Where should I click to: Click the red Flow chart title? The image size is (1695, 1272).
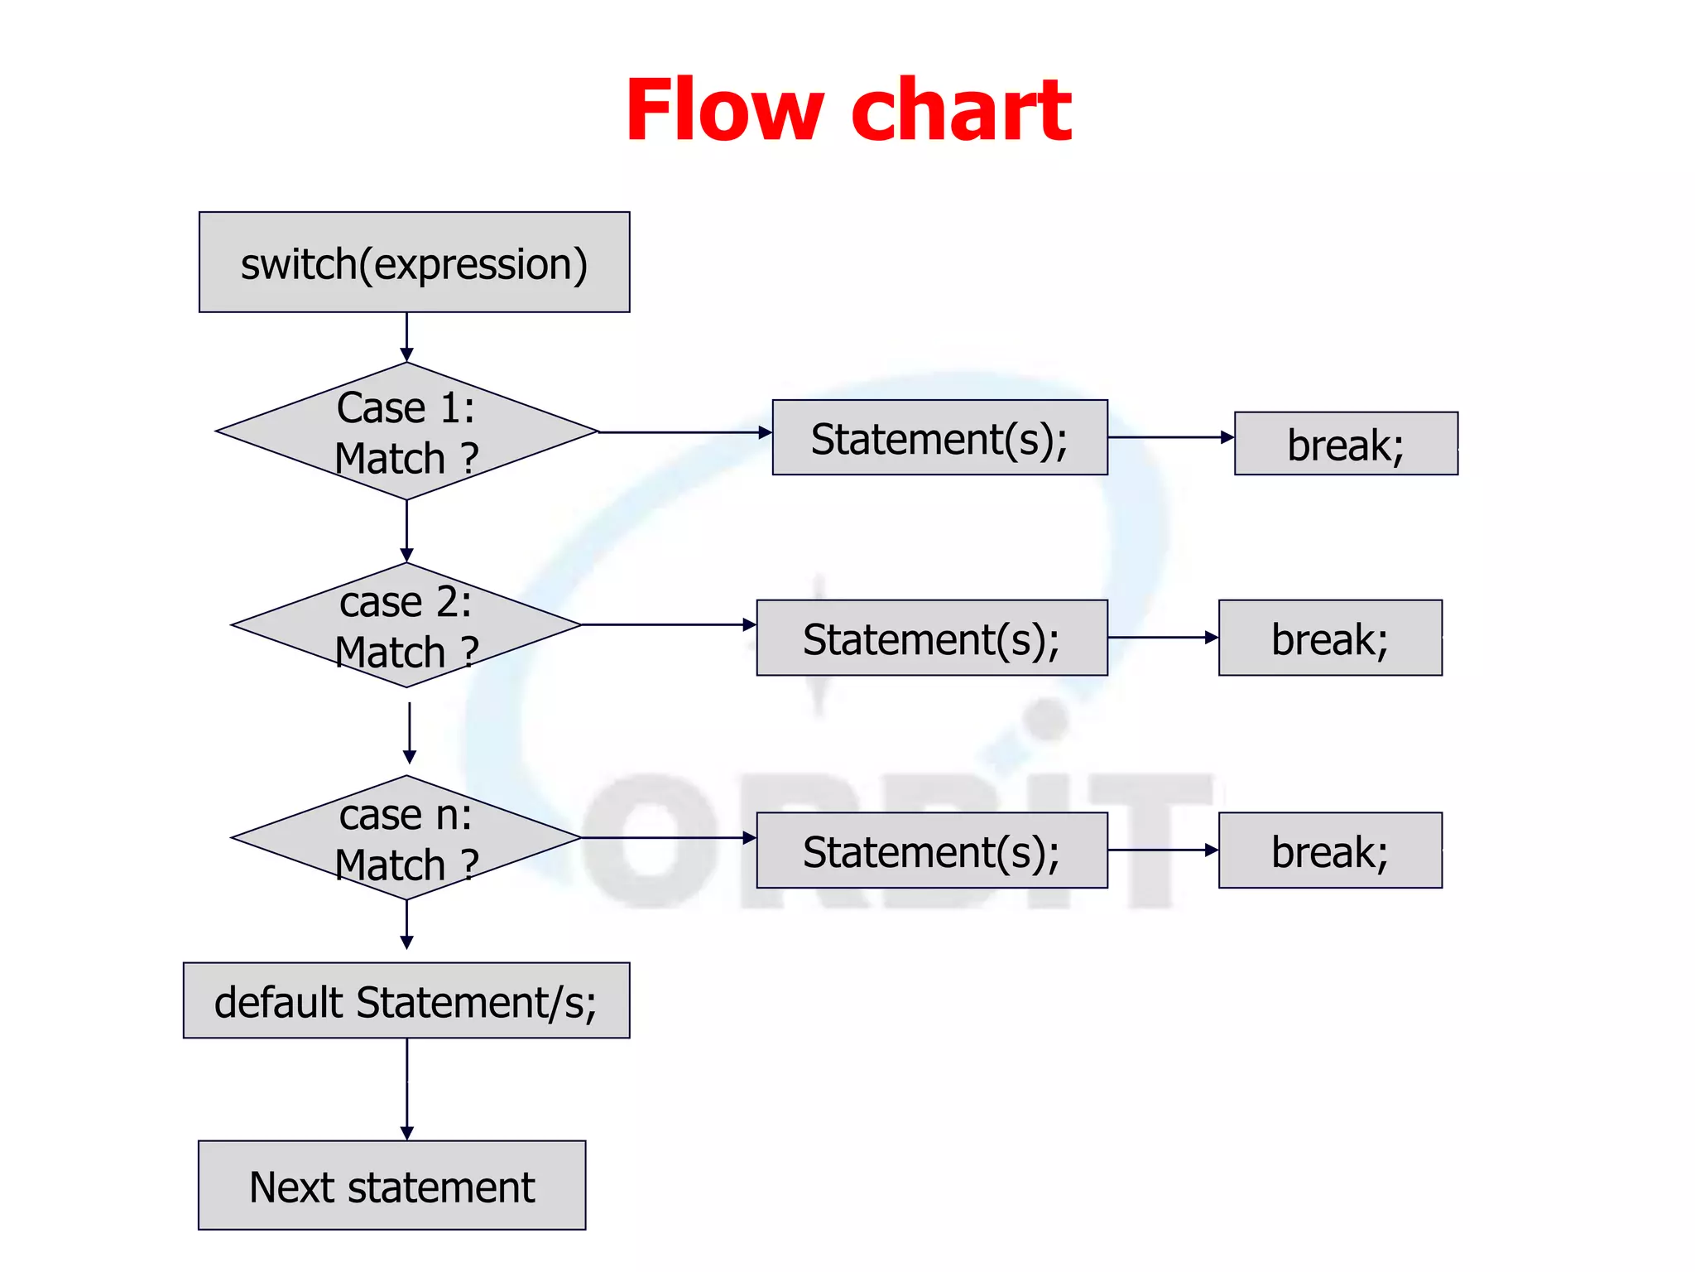(848, 110)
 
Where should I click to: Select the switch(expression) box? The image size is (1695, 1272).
(414, 263)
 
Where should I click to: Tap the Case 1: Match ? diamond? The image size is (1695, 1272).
(406, 431)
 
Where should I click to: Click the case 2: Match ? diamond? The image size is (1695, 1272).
(406, 625)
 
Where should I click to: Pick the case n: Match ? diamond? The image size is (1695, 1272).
(406, 838)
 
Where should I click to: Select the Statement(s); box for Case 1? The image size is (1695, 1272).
(939, 437)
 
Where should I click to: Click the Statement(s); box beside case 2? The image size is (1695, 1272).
(932, 638)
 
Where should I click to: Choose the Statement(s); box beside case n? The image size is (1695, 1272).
(932, 850)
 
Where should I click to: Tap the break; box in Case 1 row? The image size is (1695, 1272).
(1346, 443)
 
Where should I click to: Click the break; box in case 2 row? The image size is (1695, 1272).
(1330, 638)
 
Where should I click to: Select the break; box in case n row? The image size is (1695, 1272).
(1330, 850)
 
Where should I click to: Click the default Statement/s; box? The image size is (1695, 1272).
(406, 1000)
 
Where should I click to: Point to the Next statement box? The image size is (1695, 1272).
(391, 1185)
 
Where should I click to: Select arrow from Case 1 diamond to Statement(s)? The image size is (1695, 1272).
(684, 432)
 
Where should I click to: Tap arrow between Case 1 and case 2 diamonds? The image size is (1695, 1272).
(406, 530)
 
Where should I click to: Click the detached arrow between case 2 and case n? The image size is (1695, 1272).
(410, 733)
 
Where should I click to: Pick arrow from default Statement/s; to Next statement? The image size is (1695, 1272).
(406, 1088)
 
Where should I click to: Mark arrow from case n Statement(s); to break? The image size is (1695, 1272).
(1162, 850)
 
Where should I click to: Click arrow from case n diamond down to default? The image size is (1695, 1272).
(406, 924)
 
